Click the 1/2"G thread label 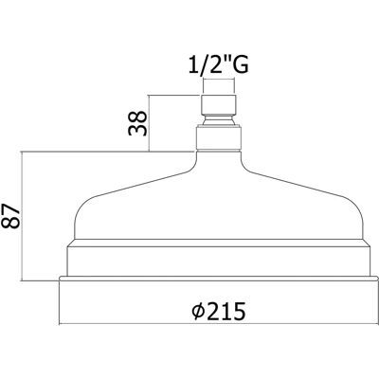pyautogui.click(x=219, y=64)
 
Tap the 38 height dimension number pyautogui.click(x=137, y=123)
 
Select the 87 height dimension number pyautogui.click(x=11, y=216)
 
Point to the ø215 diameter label pyautogui.click(x=219, y=311)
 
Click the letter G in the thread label pyautogui.click(x=241, y=64)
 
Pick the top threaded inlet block pyautogui.click(x=219, y=104)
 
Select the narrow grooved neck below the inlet pyautogui.click(x=219, y=120)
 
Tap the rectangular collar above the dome pyautogui.click(x=219, y=137)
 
